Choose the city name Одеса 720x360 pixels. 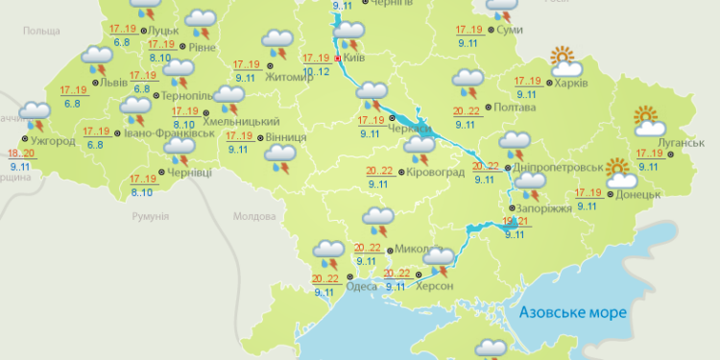pyautogui.click(x=361, y=286)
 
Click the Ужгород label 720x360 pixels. pyautogui.click(x=54, y=141)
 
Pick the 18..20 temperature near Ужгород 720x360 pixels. pyautogui.click(x=21, y=155)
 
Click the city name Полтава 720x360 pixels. pyautogui.click(x=516, y=107)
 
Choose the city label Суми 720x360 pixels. pyautogui.click(x=512, y=31)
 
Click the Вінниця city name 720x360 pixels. pyautogui.click(x=285, y=137)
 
